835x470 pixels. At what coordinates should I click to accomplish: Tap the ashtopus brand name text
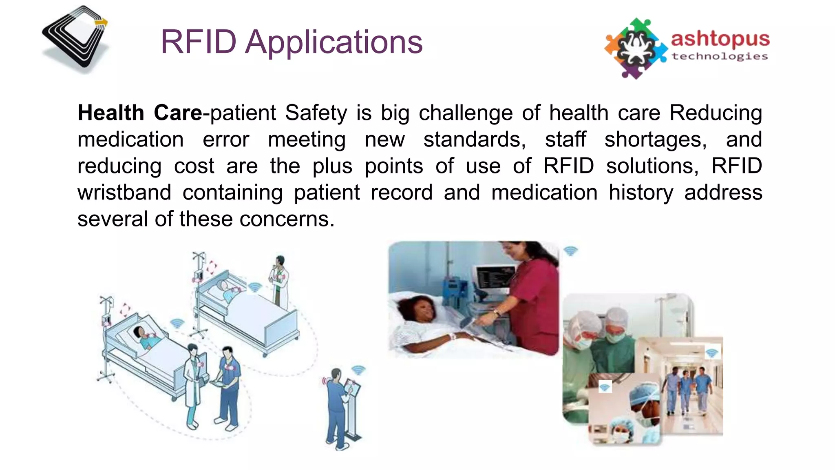point(720,39)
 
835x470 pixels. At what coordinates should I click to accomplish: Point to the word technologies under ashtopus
point(720,56)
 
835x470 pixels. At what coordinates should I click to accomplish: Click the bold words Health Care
point(139,113)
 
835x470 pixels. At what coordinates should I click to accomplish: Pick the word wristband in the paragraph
point(124,193)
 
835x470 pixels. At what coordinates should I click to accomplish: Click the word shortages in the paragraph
point(655,140)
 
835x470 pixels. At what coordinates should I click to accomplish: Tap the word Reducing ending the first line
point(716,113)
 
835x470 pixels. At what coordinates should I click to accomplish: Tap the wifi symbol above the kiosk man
point(358,370)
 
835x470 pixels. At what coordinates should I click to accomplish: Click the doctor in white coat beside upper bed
point(279,282)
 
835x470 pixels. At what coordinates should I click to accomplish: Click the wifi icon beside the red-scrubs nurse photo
point(570,251)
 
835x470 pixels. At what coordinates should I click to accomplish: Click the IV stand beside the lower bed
point(106,339)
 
